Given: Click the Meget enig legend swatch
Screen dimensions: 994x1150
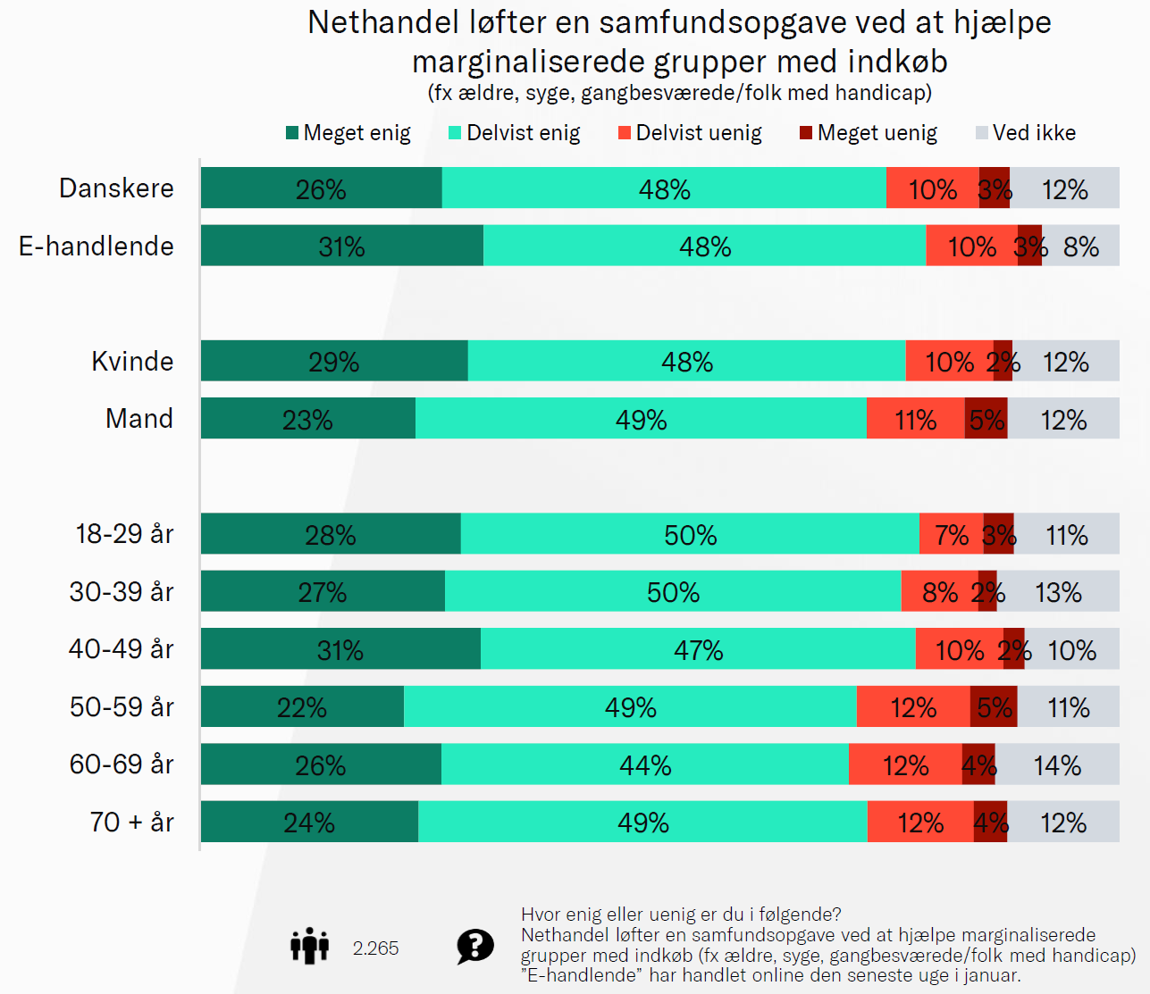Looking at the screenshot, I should pyautogui.click(x=292, y=133).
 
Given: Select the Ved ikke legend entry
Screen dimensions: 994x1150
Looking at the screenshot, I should pyautogui.click(x=1034, y=133).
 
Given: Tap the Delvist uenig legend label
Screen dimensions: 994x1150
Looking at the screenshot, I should pyautogui.click(x=698, y=133).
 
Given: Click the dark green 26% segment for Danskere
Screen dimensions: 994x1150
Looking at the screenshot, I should pyautogui.click(x=321, y=188).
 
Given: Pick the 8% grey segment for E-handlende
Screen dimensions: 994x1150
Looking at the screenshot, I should pyautogui.click(x=1080, y=246).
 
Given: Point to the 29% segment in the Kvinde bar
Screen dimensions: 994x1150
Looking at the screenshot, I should pyautogui.click(x=333, y=361).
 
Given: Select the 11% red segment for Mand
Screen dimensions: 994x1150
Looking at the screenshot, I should pyautogui.click(x=915, y=419).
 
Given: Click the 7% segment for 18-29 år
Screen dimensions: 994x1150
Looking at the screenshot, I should pyautogui.click(x=951, y=534).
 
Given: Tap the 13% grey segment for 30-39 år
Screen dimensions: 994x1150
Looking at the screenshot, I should pyautogui.click(x=1058, y=591).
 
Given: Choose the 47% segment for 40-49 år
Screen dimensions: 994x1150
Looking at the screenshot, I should pyautogui.click(x=698, y=649).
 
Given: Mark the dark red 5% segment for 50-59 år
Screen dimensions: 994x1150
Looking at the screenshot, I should pyautogui.click(x=994, y=707).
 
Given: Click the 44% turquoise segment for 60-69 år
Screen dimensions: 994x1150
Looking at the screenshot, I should pyautogui.click(x=644, y=764).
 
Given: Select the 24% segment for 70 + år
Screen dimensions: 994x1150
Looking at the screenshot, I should pyautogui.click(x=309, y=822).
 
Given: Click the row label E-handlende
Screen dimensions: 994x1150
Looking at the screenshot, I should pyautogui.click(x=97, y=246).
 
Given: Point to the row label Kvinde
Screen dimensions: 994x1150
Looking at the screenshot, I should pyautogui.click(x=132, y=362).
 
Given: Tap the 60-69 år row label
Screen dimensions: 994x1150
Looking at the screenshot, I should pyautogui.click(x=122, y=764).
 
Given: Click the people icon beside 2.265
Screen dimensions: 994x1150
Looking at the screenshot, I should pyautogui.click(x=309, y=946).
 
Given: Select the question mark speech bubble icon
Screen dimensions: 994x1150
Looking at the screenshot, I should pyautogui.click(x=474, y=946).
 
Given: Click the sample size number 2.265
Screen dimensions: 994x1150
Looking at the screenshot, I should pyautogui.click(x=375, y=948).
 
